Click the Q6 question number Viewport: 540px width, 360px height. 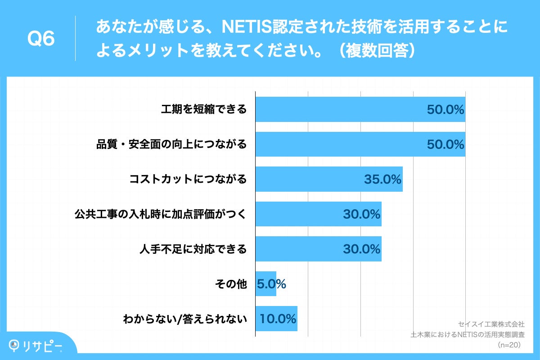tap(41, 39)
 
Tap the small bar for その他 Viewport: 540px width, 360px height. tap(265, 284)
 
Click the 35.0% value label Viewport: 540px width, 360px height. tap(382, 180)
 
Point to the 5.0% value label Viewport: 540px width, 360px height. tap(271, 284)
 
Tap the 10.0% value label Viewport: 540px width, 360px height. tap(278, 319)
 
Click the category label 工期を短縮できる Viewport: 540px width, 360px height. tap(204, 109)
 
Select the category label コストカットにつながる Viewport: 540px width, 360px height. tap(188, 179)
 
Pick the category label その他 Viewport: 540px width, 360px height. tap(232, 284)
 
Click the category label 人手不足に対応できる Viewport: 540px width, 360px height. tap(193, 249)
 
